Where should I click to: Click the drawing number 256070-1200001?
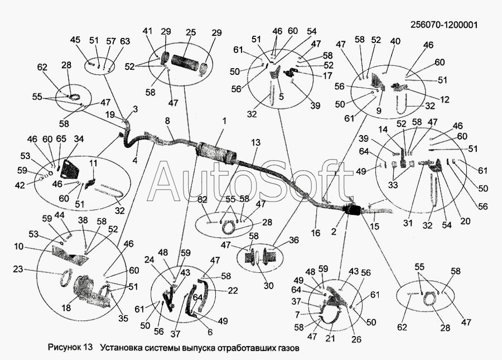click(444, 25)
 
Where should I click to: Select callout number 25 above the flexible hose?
click(191, 32)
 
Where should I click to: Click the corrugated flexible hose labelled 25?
click(185, 61)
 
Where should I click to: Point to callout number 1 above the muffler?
click(224, 121)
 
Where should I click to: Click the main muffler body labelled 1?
click(216, 153)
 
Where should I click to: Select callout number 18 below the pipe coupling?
click(66, 308)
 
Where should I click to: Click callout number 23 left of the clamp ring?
click(18, 270)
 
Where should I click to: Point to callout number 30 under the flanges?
click(268, 285)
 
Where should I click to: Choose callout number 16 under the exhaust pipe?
click(316, 233)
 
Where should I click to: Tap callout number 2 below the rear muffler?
click(334, 232)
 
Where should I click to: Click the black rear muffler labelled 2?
click(352, 210)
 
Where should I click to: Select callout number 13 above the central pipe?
click(255, 143)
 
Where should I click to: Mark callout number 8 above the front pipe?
click(167, 121)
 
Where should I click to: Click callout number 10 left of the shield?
click(19, 247)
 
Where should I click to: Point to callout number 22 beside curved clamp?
click(233, 290)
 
